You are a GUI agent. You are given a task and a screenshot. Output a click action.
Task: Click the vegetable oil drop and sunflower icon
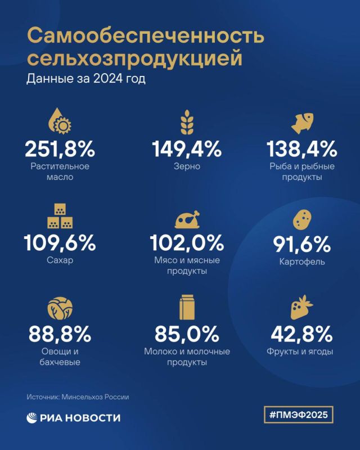click(x=60, y=121)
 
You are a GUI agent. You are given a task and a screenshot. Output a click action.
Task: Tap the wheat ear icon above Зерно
click(x=187, y=122)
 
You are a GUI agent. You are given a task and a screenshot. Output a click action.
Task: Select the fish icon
click(x=302, y=123)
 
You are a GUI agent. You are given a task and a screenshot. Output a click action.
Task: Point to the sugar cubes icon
click(x=60, y=216)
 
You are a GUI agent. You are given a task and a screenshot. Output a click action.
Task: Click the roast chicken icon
click(x=187, y=219)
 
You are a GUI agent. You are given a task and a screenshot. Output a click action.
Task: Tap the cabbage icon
click(x=60, y=308)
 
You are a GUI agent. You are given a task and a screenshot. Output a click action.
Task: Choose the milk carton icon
click(x=187, y=307)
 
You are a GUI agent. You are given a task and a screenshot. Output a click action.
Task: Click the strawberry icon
click(x=301, y=307)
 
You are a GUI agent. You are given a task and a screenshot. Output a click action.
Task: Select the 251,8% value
click(x=60, y=148)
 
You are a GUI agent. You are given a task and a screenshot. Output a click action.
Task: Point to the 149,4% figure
click(x=187, y=148)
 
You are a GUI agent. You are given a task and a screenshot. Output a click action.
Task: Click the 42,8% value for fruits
click(x=301, y=334)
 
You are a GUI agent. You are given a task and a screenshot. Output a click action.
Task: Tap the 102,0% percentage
click(x=187, y=242)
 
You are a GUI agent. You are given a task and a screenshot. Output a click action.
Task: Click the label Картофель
click(x=302, y=262)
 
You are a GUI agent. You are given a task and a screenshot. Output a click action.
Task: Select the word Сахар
click(x=60, y=260)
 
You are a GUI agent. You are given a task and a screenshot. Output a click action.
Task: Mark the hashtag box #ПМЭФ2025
click(x=299, y=415)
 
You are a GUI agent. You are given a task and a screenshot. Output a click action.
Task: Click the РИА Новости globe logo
click(x=31, y=418)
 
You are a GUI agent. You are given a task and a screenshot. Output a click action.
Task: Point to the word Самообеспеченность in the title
click(x=146, y=35)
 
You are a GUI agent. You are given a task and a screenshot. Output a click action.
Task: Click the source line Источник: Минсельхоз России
click(x=78, y=397)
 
